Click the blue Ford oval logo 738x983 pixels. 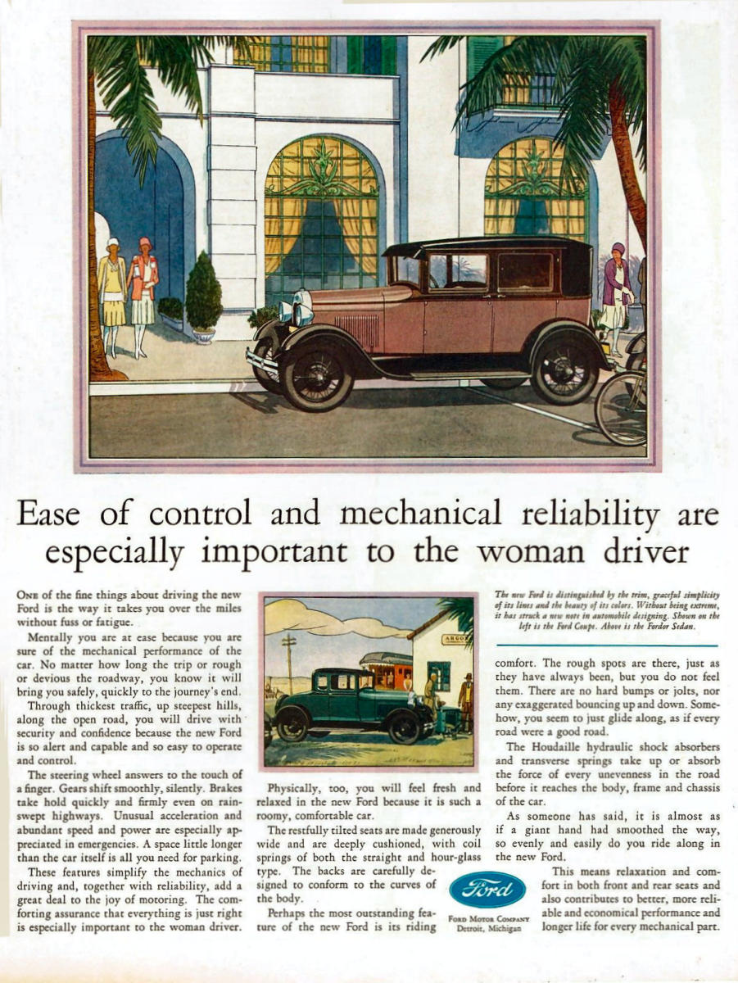tap(488, 890)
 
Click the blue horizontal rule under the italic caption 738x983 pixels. tap(607, 646)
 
